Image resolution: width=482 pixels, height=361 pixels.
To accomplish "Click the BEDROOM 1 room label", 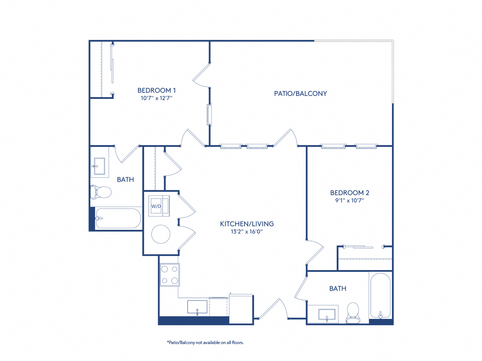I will pyautogui.click(x=156, y=90).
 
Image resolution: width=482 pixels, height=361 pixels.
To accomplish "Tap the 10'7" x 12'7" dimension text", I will pyautogui.click(x=156, y=98).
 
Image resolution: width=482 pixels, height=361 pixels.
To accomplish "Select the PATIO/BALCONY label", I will pyautogui.click(x=300, y=94).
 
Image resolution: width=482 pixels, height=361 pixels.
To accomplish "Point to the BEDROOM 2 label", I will pyautogui.click(x=349, y=193).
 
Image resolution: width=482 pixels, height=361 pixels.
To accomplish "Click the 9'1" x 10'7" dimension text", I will pyautogui.click(x=349, y=200).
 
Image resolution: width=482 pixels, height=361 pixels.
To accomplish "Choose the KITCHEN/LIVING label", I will pyautogui.click(x=247, y=224).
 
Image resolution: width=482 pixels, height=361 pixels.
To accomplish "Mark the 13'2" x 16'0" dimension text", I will pyautogui.click(x=247, y=232).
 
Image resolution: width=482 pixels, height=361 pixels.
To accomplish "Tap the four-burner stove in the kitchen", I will pyautogui.click(x=169, y=275).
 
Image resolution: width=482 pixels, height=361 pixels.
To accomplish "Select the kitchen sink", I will pyautogui.click(x=197, y=307).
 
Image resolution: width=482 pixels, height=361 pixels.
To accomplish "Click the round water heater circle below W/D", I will pyautogui.click(x=161, y=234).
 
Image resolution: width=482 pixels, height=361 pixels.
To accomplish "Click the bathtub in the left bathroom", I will pyautogui.click(x=118, y=218).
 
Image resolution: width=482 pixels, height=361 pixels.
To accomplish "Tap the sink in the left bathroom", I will pyautogui.click(x=99, y=166).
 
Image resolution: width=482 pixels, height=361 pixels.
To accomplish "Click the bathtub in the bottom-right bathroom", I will pyautogui.click(x=380, y=296).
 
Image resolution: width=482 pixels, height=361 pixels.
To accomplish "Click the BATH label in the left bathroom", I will pyautogui.click(x=125, y=180).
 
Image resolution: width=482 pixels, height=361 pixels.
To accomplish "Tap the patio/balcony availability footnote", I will pyautogui.click(x=205, y=343).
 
